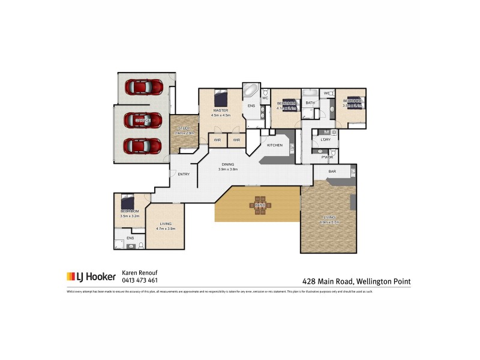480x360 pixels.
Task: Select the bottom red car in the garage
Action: (142, 146)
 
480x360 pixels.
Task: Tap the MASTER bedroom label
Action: (220, 110)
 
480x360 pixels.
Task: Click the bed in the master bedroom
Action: (220, 97)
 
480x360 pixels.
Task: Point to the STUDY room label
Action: (183, 128)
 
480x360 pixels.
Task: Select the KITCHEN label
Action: (274, 145)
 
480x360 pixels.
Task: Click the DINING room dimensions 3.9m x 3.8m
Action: (228, 169)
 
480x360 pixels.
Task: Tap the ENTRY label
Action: (184, 174)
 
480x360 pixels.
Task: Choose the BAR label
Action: (332, 172)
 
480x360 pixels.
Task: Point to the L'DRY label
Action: (326, 140)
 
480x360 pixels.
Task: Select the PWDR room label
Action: (326, 157)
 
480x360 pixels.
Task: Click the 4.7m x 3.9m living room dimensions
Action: (166, 229)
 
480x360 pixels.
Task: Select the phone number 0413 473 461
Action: (140, 280)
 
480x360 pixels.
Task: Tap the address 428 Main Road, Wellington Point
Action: (356, 281)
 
